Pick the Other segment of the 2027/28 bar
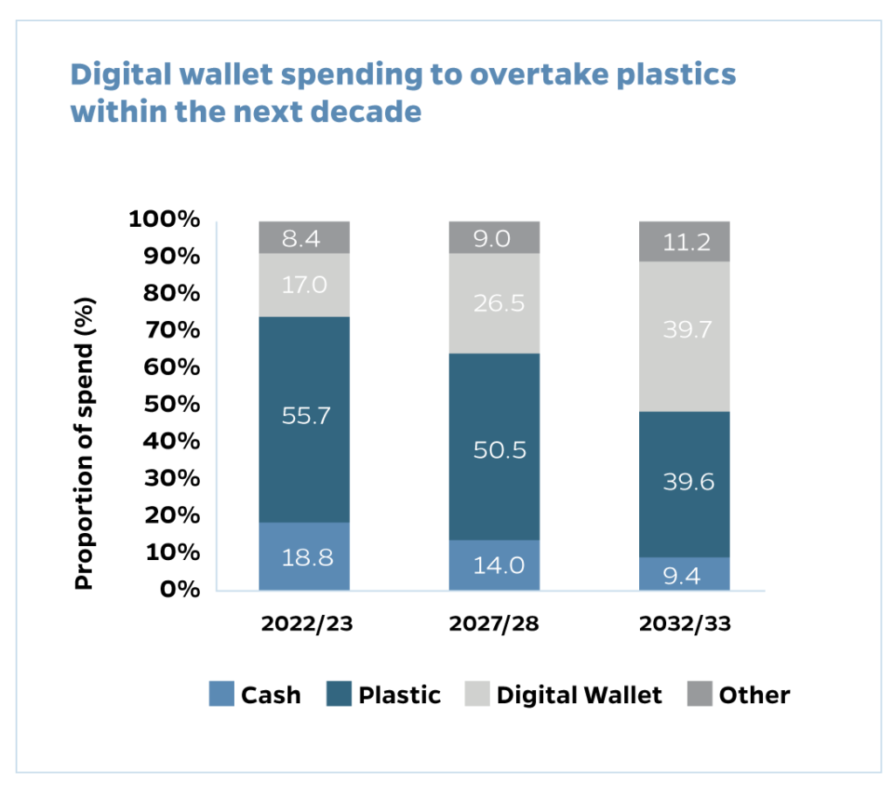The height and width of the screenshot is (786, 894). (x=494, y=237)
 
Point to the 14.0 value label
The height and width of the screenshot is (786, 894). (x=494, y=565)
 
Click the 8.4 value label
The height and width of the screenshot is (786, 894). (x=304, y=238)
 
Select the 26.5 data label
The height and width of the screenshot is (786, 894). (x=494, y=304)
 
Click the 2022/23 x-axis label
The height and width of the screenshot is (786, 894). (x=304, y=624)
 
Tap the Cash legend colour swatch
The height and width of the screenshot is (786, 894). (x=222, y=694)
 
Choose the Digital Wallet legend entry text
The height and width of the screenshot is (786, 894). (x=579, y=695)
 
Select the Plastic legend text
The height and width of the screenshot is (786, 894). (x=399, y=695)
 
